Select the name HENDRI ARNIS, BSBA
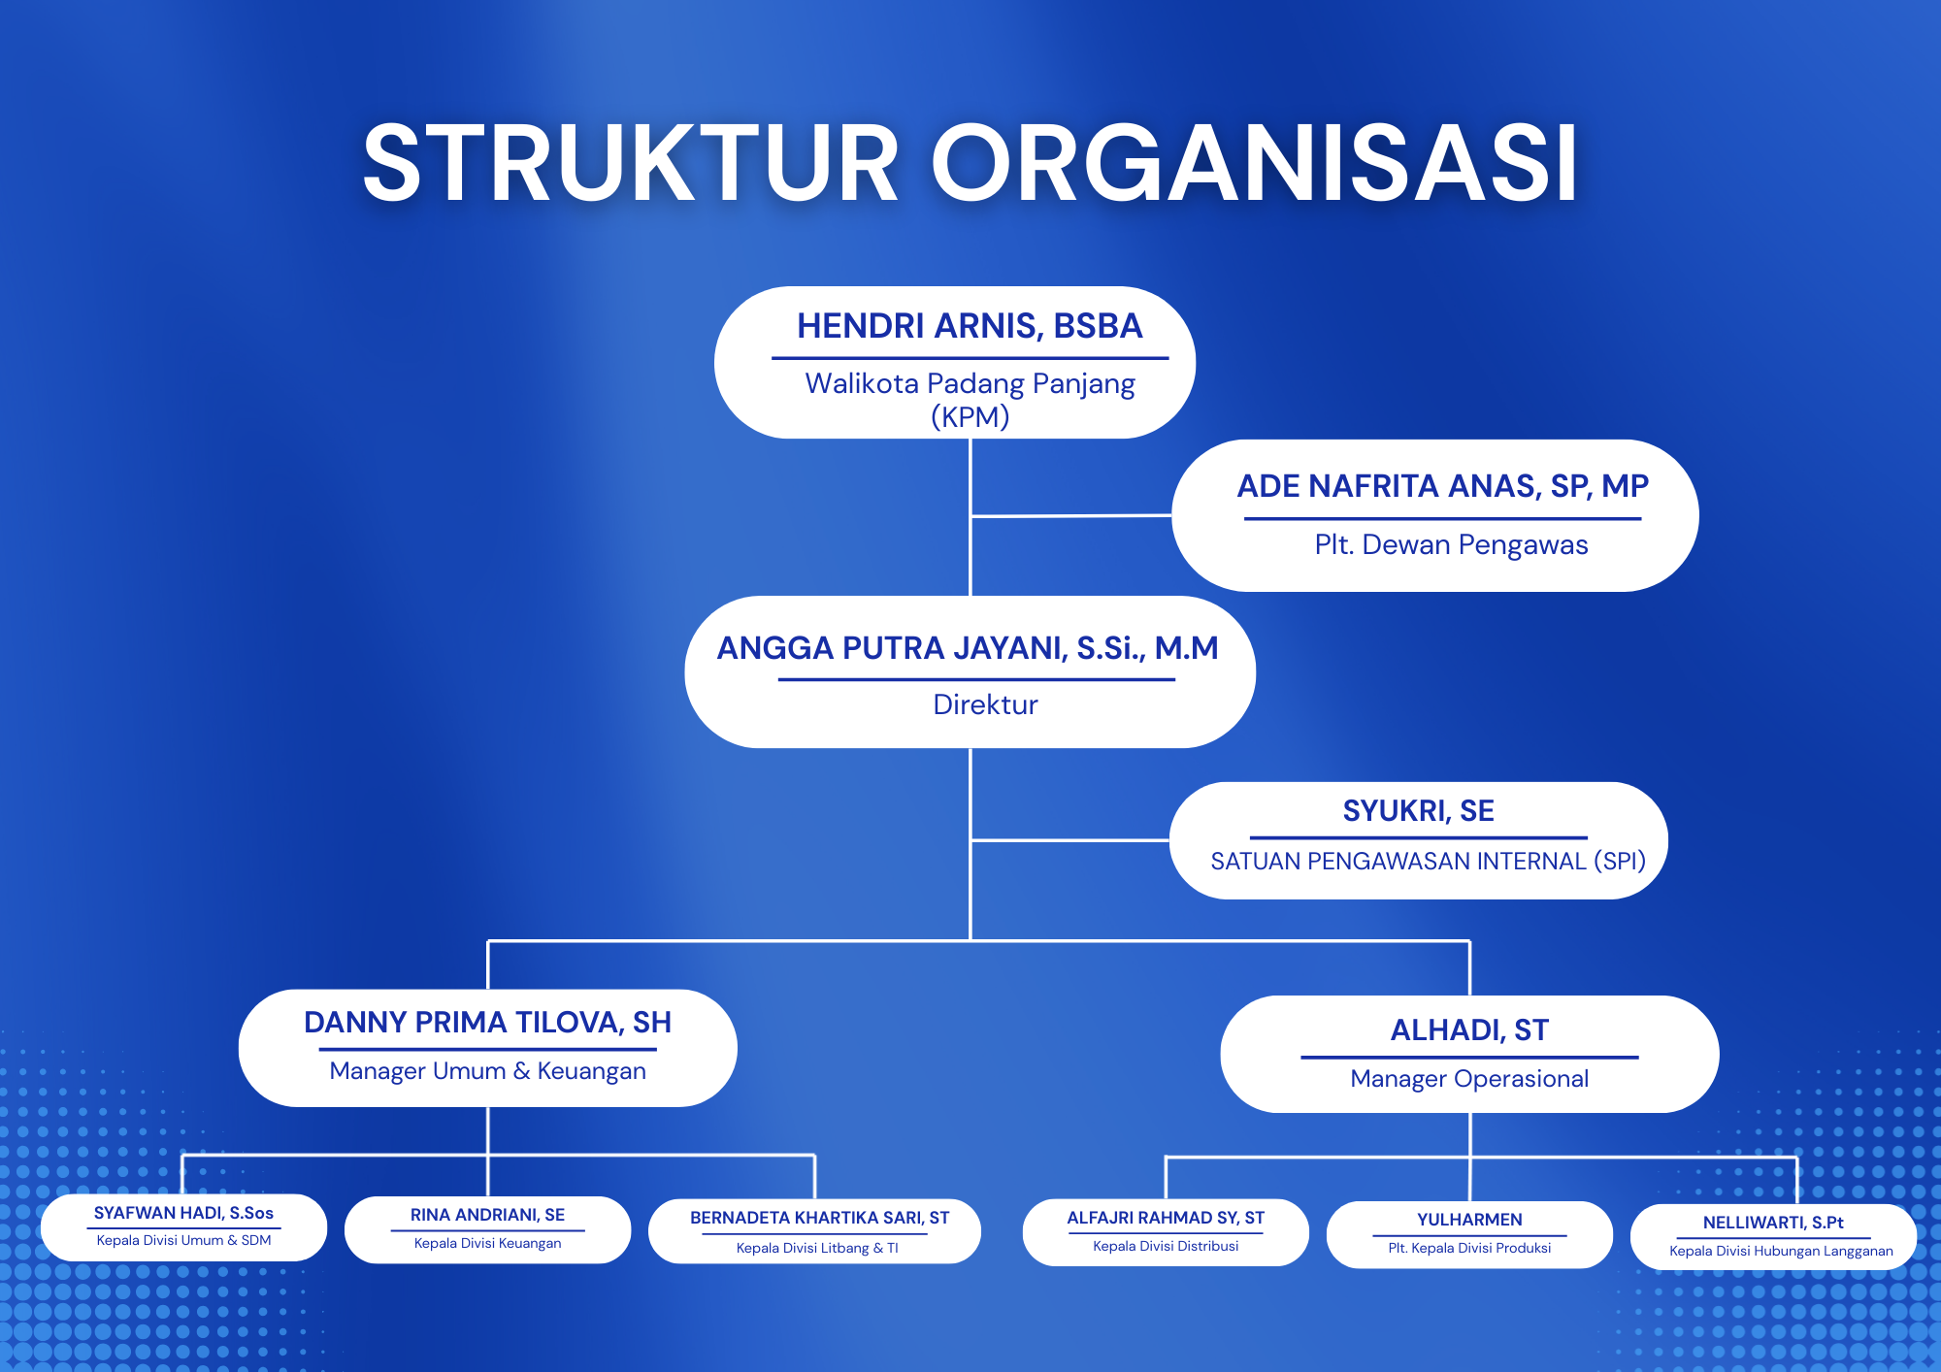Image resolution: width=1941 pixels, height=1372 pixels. [x=970, y=326]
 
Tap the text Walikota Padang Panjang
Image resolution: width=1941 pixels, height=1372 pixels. [x=970, y=383]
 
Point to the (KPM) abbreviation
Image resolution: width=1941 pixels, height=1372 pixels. [x=970, y=417]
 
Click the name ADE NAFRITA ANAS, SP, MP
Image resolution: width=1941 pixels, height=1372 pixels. [x=1442, y=486]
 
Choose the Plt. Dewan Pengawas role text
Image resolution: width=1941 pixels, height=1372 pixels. [x=1451, y=544]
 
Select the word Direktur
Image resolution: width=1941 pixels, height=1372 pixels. [x=985, y=704]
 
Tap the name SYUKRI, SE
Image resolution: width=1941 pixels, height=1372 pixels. [x=1418, y=811]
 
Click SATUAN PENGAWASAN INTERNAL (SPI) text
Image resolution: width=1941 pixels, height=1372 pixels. [x=1428, y=861]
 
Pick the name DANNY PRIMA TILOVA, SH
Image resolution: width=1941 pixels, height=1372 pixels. [x=487, y=1023]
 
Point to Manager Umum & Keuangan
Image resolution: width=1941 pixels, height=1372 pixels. [x=487, y=1071]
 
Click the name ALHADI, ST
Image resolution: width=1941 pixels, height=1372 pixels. [x=1469, y=1030]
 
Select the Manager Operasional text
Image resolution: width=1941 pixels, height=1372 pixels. [x=1469, y=1079]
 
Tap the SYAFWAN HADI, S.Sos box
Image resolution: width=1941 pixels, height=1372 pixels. [x=183, y=1226]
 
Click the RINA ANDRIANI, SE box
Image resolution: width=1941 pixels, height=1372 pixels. [x=487, y=1228]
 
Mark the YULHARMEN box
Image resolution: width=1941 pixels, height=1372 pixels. [x=1469, y=1233]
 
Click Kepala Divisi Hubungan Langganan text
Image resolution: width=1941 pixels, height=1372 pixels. [x=1781, y=1252]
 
